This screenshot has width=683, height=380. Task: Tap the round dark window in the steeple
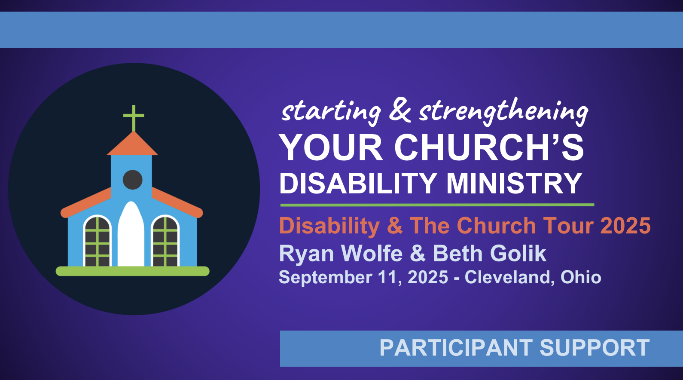(133, 180)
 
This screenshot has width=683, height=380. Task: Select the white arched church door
(131, 234)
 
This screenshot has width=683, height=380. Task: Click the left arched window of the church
(98, 241)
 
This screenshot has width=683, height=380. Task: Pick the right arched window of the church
(165, 241)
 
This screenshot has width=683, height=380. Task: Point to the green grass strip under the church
(133, 271)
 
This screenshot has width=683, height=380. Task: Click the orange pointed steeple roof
(132, 144)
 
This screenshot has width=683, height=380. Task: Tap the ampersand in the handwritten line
(400, 110)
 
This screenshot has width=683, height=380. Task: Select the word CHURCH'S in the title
(489, 148)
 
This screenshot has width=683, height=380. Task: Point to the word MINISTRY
(514, 183)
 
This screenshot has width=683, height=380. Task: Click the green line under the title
(437, 205)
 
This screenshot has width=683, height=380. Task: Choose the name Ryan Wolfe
(341, 253)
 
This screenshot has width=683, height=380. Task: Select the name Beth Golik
(490, 253)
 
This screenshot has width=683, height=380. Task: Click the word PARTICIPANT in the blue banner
(456, 348)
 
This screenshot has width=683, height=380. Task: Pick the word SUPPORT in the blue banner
(595, 348)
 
